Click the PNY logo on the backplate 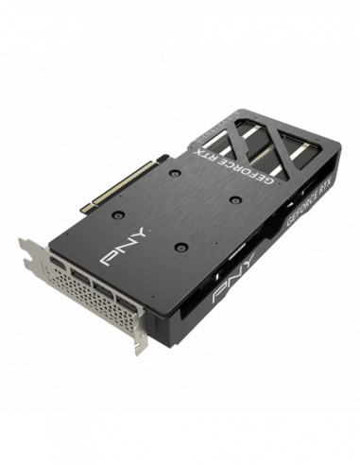124,246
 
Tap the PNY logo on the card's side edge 233,278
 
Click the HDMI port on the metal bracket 58,264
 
